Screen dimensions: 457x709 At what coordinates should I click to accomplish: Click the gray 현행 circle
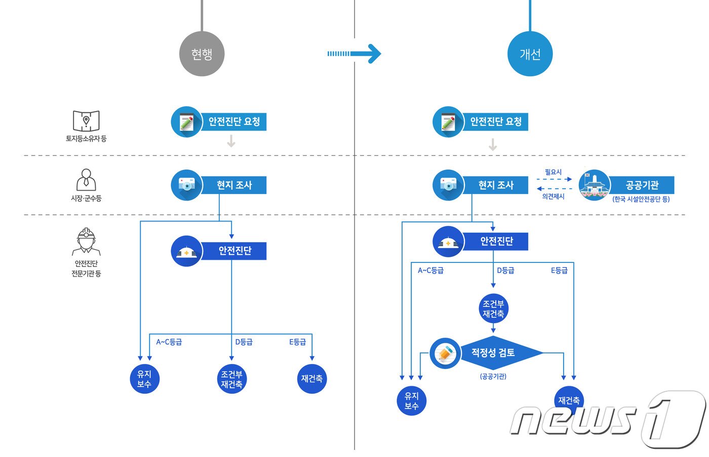[x=202, y=54]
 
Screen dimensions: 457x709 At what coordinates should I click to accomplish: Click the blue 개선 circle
[x=530, y=54]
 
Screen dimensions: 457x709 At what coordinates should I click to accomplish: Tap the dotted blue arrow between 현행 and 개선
[x=354, y=54]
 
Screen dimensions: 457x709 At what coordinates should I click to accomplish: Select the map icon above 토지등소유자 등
[x=86, y=121]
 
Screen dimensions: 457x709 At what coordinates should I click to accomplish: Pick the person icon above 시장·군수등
[x=86, y=180]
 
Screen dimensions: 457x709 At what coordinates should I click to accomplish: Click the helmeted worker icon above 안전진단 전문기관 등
[x=86, y=242]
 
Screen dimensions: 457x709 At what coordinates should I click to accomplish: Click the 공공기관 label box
[x=642, y=185]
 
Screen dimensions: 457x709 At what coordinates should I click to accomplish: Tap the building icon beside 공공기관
[x=595, y=185]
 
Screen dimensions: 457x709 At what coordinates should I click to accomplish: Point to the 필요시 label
[x=553, y=172]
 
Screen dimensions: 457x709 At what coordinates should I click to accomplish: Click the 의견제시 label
[x=553, y=196]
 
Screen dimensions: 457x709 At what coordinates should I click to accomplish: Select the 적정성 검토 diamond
[x=493, y=352]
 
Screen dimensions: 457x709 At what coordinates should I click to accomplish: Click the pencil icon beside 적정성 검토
[x=445, y=353]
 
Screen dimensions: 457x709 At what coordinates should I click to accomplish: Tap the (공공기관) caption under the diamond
[x=493, y=377]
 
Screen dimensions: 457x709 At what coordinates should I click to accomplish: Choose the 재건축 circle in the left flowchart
[x=312, y=379]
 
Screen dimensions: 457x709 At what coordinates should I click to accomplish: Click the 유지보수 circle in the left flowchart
[x=144, y=379]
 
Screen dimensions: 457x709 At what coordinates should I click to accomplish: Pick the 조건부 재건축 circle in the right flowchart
[x=493, y=309]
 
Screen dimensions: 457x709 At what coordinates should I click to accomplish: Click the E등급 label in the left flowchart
[x=298, y=342]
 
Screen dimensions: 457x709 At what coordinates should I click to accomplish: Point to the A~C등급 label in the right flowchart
[x=430, y=270]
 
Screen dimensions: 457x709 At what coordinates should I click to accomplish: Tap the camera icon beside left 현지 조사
[x=187, y=185]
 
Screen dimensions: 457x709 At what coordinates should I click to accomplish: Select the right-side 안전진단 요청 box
[x=495, y=122]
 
